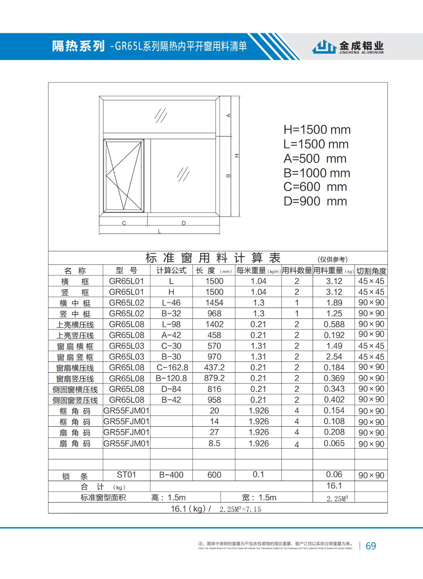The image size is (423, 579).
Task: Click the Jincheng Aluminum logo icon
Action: [324, 47]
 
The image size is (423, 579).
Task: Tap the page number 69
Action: [371, 546]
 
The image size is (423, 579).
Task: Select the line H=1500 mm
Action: [317, 130]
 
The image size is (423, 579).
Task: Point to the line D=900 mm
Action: [315, 201]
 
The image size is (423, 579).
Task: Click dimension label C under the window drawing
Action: [124, 223]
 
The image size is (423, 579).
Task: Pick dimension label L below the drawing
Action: [159, 232]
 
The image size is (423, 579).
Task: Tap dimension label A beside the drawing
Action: [228, 115]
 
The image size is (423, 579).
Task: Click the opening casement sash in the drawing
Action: [124, 176]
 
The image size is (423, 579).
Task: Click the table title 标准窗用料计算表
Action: [213, 258]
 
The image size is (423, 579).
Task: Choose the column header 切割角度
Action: [371, 271]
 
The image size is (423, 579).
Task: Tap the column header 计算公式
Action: [171, 270]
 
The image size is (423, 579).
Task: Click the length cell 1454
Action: [214, 303]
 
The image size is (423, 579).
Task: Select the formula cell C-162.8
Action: [172, 368]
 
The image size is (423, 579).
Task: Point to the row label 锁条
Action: [75, 476]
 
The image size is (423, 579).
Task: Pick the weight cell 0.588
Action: [334, 325]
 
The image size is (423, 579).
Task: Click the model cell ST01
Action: [126, 474]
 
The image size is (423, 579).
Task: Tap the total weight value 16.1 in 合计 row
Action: [334, 486]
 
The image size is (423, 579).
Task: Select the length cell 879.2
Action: [214, 378]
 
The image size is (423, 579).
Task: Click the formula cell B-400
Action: [171, 475]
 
